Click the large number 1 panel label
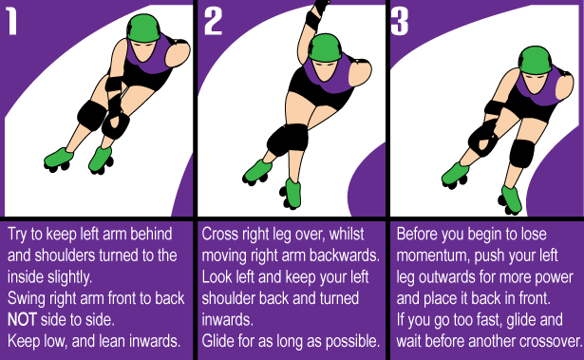(x=12, y=22)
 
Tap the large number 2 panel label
(x=214, y=22)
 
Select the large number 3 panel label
(x=400, y=22)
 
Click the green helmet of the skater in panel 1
(x=143, y=28)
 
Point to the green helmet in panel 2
(x=325, y=47)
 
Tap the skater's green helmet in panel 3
(x=536, y=60)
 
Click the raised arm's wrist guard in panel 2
(x=312, y=20)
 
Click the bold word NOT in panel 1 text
(x=22, y=320)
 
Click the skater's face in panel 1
(x=143, y=50)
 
